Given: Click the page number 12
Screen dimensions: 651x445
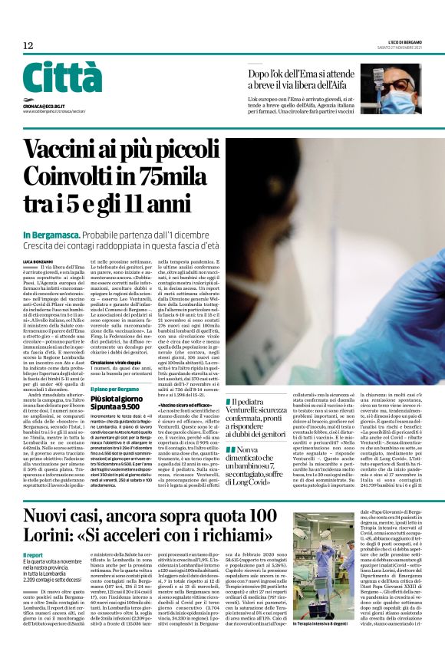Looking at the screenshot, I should click(x=28, y=46).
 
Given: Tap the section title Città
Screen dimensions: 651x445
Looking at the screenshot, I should click(x=62, y=78).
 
